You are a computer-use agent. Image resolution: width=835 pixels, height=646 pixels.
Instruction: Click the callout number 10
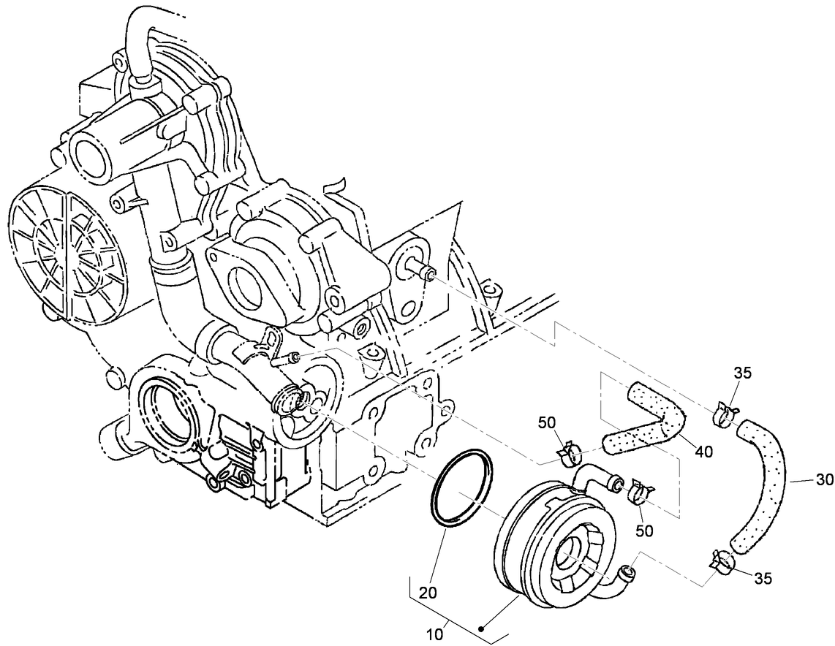coord(434,634)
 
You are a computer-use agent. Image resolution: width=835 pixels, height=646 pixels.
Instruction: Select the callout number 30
coord(824,480)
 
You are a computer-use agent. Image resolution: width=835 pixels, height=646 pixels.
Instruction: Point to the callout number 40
coord(703,452)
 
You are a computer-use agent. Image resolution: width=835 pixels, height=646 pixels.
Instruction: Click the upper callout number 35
coord(742,373)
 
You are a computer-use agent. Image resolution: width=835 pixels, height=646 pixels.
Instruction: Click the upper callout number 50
coord(548,422)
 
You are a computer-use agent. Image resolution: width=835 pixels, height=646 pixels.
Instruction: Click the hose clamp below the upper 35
coord(725,414)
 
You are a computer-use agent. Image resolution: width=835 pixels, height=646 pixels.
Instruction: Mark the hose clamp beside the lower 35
coord(723,561)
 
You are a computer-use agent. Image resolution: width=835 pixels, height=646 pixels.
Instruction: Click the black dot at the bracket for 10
coord(482,628)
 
